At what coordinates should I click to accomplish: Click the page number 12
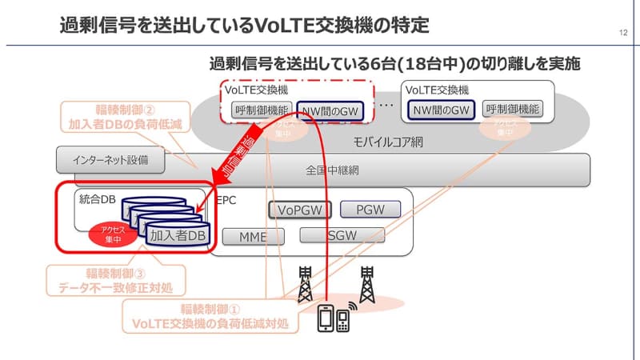[622, 33]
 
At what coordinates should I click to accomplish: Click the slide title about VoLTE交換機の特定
[244, 25]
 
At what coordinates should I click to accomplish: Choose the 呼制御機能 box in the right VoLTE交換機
[512, 110]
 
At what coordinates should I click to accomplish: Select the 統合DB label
[98, 198]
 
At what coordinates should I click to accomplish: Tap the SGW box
[342, 235]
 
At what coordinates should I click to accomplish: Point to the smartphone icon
[327, 318]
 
